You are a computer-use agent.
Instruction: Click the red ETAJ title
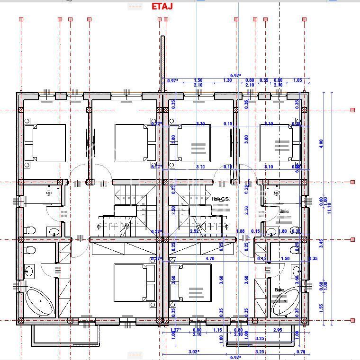[162, 6]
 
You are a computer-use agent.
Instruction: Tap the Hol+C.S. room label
[220, 199]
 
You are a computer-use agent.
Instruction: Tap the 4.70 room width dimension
[209, 259]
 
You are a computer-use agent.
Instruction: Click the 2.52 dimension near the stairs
[194, 231]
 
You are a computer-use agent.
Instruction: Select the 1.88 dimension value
[240, 231]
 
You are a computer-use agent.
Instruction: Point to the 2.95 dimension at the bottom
[277, 330]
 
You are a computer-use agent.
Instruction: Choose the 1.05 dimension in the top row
[297, 80]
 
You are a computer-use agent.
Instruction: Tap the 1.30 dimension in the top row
[227, 80]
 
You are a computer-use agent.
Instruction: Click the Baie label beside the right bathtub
[279, 290]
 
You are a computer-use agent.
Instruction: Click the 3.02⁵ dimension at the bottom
[180, 352]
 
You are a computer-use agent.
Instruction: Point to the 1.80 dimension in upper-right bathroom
[283, 231]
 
